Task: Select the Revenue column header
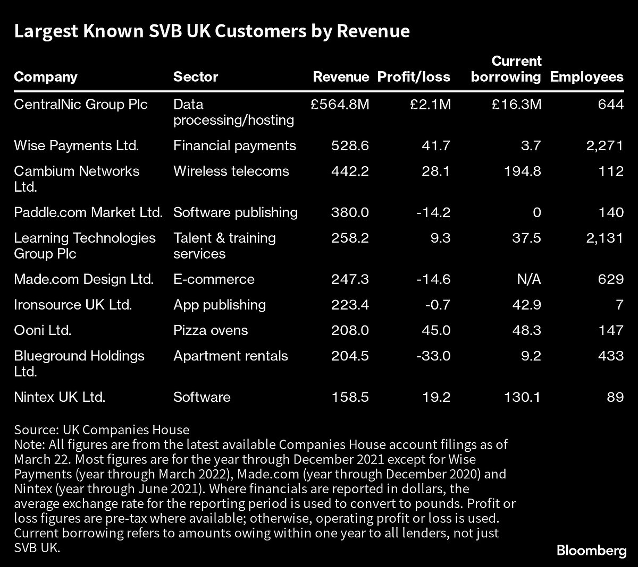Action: pyautogui.click(x=340, y=77)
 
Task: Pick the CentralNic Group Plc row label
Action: pyautogui.click(x=80, y=105)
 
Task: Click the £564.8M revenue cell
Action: pyautogui.click(x=340, y=105)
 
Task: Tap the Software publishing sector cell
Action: pyautogui.click(x=235, y=212)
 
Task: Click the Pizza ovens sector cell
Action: pyautogui.click(x=211, y=330)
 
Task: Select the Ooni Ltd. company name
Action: pyautogui.click(x=43, y=330)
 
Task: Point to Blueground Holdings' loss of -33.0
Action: pyautogui.click(x=433, y=356)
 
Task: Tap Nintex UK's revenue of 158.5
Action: pyautogui.click(x=348, y=397)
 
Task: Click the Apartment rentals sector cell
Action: pyautogui.click(x=230, y=356)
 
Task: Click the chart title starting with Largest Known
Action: pyautogui.click(x=212, y=32)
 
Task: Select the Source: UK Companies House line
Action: pyautogui.click(x=102, y=429)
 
